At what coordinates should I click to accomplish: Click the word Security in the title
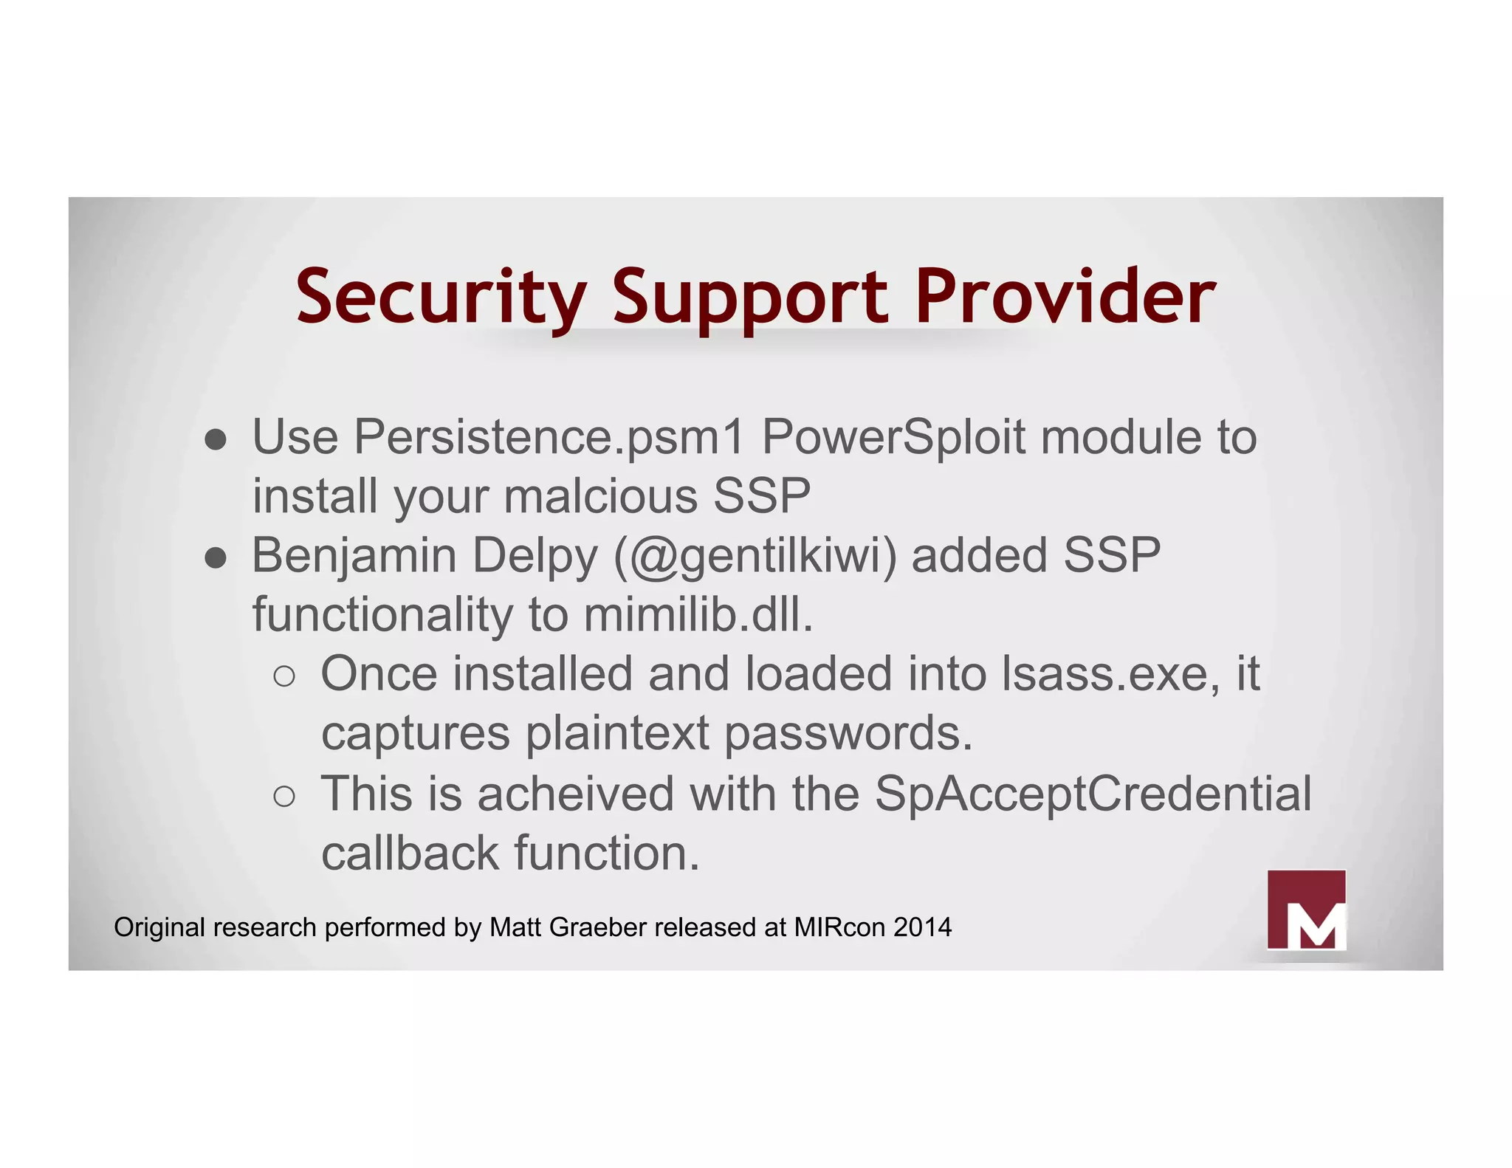coord(441,297)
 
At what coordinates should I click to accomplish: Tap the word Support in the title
coord(750,297)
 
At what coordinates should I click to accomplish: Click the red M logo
coord(1306,910)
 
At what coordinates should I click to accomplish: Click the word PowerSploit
coord(893,437)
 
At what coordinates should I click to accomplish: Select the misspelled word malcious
coord(600,496)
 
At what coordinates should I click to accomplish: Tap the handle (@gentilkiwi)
coord(755,555)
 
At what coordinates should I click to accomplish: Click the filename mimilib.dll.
coord(698,615)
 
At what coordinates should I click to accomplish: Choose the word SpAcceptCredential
coord(1093,794)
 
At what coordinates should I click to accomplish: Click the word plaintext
coord(617,734)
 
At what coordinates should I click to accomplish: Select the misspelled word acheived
coord(575,794)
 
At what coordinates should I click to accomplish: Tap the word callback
coord(410,853)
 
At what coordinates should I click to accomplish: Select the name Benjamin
coord(354,555)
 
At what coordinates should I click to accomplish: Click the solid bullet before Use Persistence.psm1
coord(216,441)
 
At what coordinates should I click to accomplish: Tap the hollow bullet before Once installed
coord(284,676)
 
